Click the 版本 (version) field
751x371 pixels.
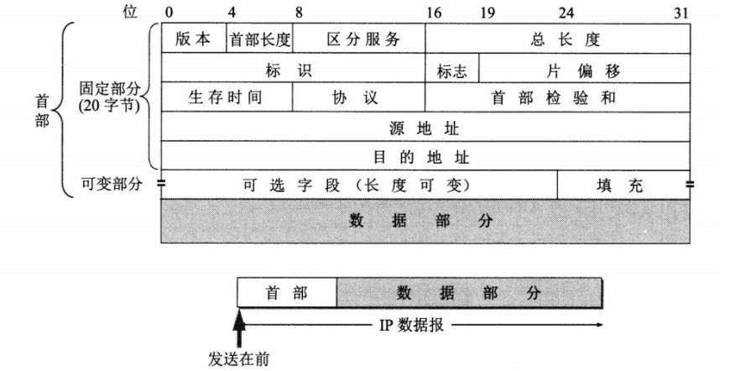pos(193,39)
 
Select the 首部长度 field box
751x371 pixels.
pos(259,39)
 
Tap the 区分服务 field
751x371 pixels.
pos(358,39)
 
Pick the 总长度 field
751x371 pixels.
pos(557,39)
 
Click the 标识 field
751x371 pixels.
pos(293,71)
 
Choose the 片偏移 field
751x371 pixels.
pos(584,71)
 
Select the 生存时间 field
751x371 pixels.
pos(227,97)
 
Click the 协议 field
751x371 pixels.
pos(358,97)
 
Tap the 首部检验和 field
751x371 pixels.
pos(557,97)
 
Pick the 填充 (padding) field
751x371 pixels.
pos(623,185)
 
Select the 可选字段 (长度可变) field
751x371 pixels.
pos(358,185)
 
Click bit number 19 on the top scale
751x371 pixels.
pos(488,13)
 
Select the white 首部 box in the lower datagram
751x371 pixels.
pos(286,293)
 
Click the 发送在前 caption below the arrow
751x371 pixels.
pos(239,358)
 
